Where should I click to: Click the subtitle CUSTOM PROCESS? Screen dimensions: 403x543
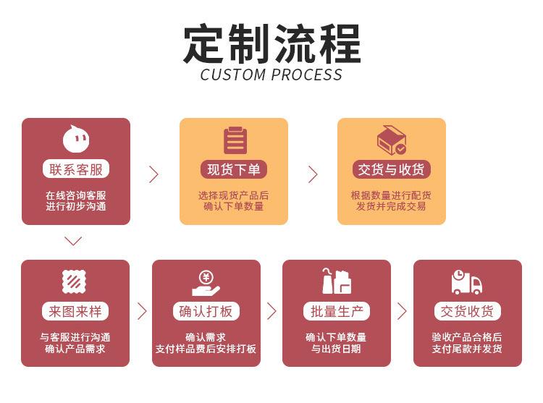coord(271,75)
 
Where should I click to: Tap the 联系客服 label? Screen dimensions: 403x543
coord(76,170)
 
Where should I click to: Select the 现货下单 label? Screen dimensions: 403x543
coord(233,170)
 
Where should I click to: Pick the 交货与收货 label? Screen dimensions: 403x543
coord(392,170)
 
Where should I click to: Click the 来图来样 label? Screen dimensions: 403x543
coord(75,312)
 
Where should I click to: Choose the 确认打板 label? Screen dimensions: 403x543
coord(206,312)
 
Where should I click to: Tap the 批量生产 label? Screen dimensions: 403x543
coord(336,312)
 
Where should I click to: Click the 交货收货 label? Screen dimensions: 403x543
coord(467,312)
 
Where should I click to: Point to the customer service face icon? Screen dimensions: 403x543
coord(76,138)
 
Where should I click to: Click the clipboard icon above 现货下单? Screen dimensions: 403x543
coord(235,140)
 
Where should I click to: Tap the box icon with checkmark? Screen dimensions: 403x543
coord(392,140)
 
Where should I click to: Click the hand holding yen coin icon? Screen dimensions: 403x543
coord(206,282)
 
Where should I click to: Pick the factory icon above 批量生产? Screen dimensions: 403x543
coord(336,281)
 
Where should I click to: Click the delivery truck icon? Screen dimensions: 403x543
coord(467,282)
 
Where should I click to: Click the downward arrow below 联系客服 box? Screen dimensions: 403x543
coord(73,241)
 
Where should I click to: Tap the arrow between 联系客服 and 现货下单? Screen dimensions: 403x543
coord(153,174)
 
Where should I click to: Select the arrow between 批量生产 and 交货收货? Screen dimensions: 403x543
coord(402,311)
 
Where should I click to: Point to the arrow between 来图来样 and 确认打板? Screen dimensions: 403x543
coord(142,311)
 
